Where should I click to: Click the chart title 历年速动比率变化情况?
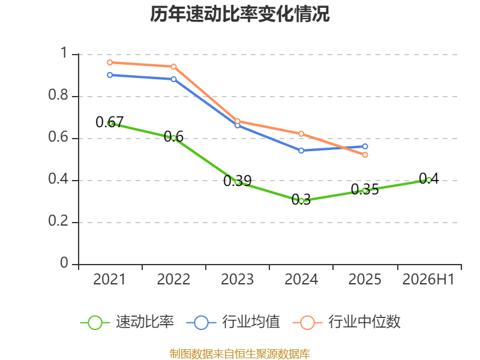[x=239, y=14]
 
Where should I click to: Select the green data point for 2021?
[x=110, y=124]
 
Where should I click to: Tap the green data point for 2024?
[x=301, y=201]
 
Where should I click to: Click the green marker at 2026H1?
[x=429, y=181]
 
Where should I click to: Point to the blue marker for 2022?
[x=173, y=79]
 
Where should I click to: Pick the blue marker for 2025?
[x=365, y=146]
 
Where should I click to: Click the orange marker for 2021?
[x=110, y=62]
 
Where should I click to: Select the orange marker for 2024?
[x=301, y=134]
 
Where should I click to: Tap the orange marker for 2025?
[x=365, y=155]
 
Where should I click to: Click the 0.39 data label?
[x=237, y=181]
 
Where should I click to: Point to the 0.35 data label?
[x=365, y=189]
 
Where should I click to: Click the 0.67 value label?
[x=110, y=122]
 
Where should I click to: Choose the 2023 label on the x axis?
[x=237, y=279]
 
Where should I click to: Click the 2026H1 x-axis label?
[x=428, y=279]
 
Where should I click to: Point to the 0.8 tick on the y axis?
[x=58, y=95]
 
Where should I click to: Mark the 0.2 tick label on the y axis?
[x=58, y=221]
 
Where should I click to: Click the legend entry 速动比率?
[x=127, y=322]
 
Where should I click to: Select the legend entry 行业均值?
[x=233, y=322]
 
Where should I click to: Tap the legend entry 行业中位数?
[x=347, y=322]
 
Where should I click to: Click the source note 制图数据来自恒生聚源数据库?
[x=240, y=353]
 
